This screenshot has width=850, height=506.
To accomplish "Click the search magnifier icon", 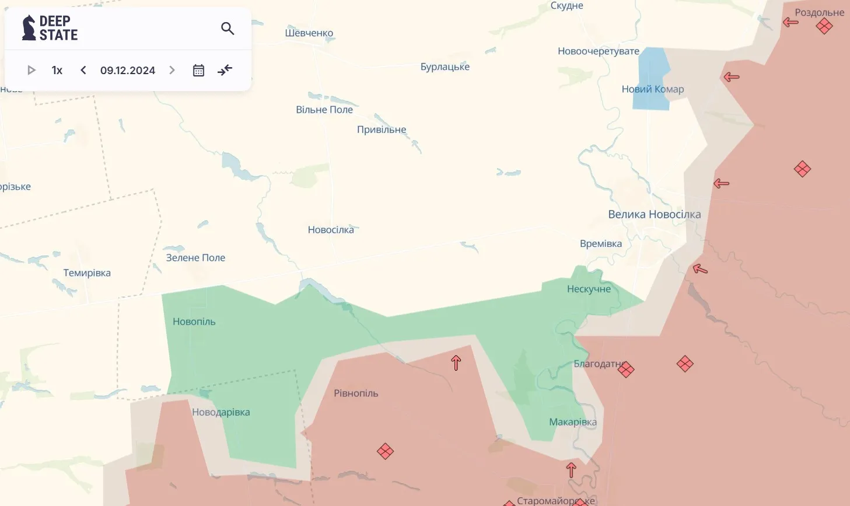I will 228,28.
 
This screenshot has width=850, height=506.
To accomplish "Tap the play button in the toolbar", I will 32,70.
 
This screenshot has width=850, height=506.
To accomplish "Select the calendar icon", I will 198,70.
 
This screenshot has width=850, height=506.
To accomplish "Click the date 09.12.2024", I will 128,70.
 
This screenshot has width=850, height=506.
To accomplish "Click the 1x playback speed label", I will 57,70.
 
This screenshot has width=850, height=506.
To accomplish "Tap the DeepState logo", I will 50,28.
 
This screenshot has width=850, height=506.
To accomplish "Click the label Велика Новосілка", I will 654,214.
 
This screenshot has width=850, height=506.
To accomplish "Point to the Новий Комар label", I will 652,89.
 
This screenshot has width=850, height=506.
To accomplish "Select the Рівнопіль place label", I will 356,393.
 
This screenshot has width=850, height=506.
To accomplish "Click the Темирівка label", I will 87,273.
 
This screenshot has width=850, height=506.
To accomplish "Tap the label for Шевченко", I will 309,33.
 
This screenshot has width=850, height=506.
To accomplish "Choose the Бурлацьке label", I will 445,67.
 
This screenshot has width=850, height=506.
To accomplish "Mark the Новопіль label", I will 194,322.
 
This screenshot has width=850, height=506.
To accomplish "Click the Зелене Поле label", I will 195,257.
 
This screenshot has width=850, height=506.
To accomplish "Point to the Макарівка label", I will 572,422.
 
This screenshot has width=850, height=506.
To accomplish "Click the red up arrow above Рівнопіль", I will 456,363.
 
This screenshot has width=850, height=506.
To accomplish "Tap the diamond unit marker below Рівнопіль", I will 385,451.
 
